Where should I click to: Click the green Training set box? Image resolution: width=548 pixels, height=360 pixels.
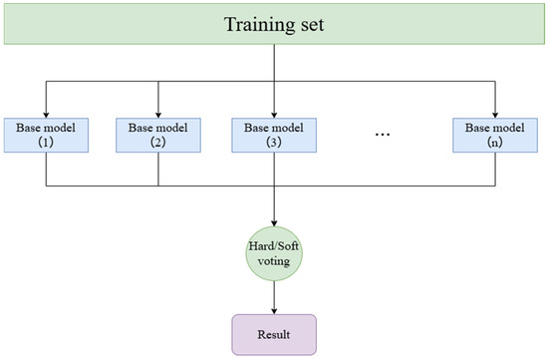(274, 24)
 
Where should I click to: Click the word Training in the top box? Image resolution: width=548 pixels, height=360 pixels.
(256, 25)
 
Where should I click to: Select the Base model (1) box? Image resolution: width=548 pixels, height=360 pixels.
(46, 135)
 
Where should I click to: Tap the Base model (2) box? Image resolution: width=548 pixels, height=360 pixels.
(158, 135)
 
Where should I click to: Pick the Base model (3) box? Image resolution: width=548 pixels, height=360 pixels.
(274, 135)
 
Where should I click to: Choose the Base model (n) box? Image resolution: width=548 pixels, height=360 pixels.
(495, 135)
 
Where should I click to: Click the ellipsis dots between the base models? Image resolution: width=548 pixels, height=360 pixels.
(383, 135)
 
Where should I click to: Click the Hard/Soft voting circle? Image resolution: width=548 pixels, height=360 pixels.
(274, 253)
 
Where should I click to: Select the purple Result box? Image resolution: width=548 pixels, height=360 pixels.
(274, 334)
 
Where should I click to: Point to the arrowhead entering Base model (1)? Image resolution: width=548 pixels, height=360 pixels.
(46, 115)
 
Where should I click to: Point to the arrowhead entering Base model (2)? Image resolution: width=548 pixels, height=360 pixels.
(158, 115)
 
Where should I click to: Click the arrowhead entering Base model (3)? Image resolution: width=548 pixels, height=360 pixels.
(274, 115)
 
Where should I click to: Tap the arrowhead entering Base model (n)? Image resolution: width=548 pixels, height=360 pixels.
(495, 115)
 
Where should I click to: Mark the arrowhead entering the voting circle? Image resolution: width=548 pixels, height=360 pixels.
(274, 223)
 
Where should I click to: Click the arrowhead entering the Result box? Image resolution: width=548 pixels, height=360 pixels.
(274, 311)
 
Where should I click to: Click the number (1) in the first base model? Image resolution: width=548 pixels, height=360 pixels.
(46, 142)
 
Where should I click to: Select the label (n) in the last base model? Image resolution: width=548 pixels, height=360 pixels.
(495, 142)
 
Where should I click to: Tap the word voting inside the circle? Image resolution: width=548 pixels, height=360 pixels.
(274, 261)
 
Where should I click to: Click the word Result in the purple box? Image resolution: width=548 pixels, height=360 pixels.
(274, 334)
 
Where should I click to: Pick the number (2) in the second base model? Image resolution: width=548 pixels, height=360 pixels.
(158, 142)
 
